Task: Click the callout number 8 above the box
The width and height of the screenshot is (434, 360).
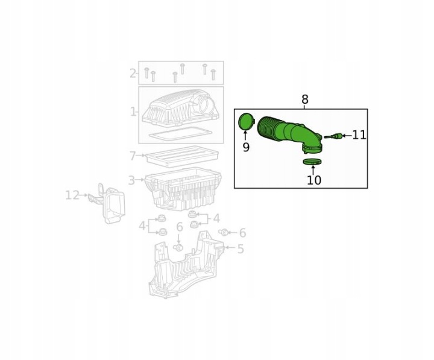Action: click(304, 99)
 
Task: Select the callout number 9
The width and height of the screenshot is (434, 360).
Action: click(246, 147)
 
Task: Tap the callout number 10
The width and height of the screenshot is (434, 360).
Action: click(314, 180)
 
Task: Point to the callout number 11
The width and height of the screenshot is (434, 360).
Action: click(359, 135)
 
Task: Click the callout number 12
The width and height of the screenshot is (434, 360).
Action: click(72, 195)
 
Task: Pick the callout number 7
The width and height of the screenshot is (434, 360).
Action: click(133, 156)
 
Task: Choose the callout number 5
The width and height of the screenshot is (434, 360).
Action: click(241, 249)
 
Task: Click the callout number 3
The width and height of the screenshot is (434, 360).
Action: click(131, 180)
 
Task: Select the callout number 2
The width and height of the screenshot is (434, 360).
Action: click(133, 74)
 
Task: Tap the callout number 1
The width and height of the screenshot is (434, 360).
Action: click(133, 112)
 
